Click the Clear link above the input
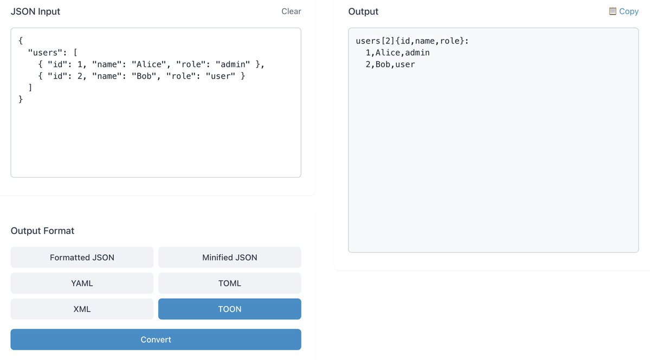pos(291,11)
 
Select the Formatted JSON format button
pos(82,258)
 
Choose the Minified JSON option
pos(229,258)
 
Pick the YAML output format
pos(82,283)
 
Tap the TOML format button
pos(229,283)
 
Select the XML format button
pos(82,309)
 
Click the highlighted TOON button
pos(229,309)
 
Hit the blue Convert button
pos(156,339)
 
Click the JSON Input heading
pos(36,11)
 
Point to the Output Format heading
pos(42,231)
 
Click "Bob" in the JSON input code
pos(144,76)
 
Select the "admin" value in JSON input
pos(233,65)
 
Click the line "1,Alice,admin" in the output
pos(397,53)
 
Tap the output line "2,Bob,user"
pos(390,65)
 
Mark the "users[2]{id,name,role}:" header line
pos(412,41)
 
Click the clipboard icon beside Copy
pos(613,11)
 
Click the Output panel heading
pos(363,11)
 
